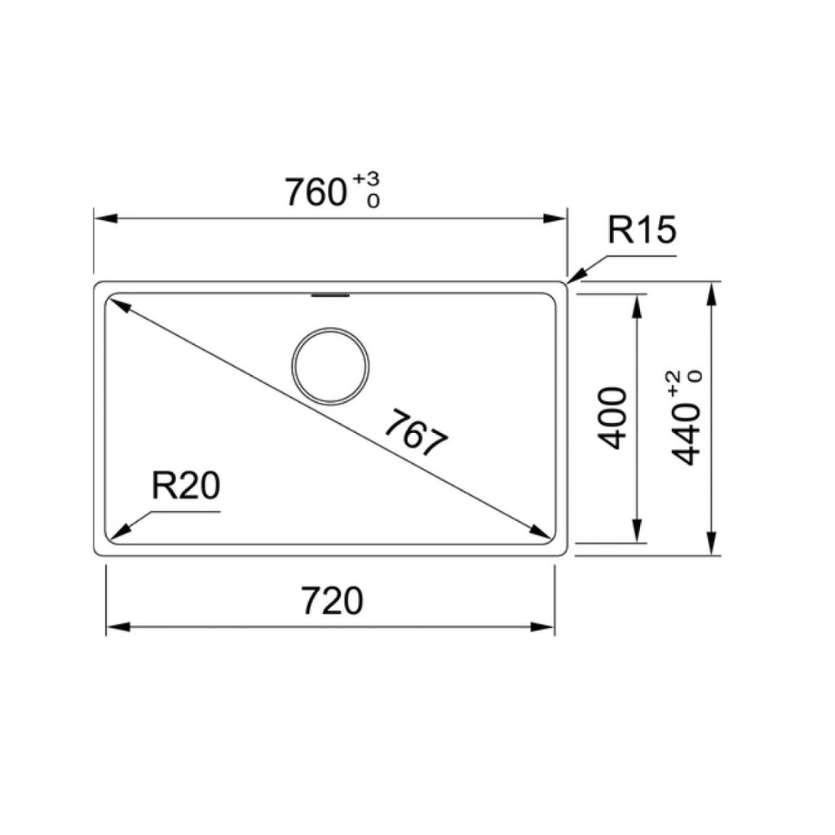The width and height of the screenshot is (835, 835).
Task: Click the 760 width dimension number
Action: pos(315,192)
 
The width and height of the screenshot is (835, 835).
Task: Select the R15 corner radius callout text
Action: pos(642,232)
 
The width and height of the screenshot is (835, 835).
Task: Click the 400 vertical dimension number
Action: pos(612,417)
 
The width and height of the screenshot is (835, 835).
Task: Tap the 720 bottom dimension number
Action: pos(331,602)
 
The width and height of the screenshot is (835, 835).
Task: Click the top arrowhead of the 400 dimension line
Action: pos(636,305)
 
